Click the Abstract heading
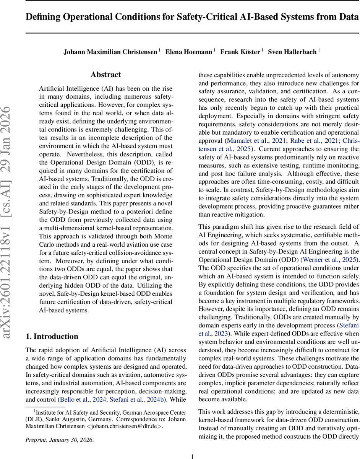tap(105, 75)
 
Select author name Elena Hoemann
tap(188, 52)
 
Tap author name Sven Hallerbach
tap(292, 52)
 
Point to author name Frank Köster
tap(240, 52)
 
